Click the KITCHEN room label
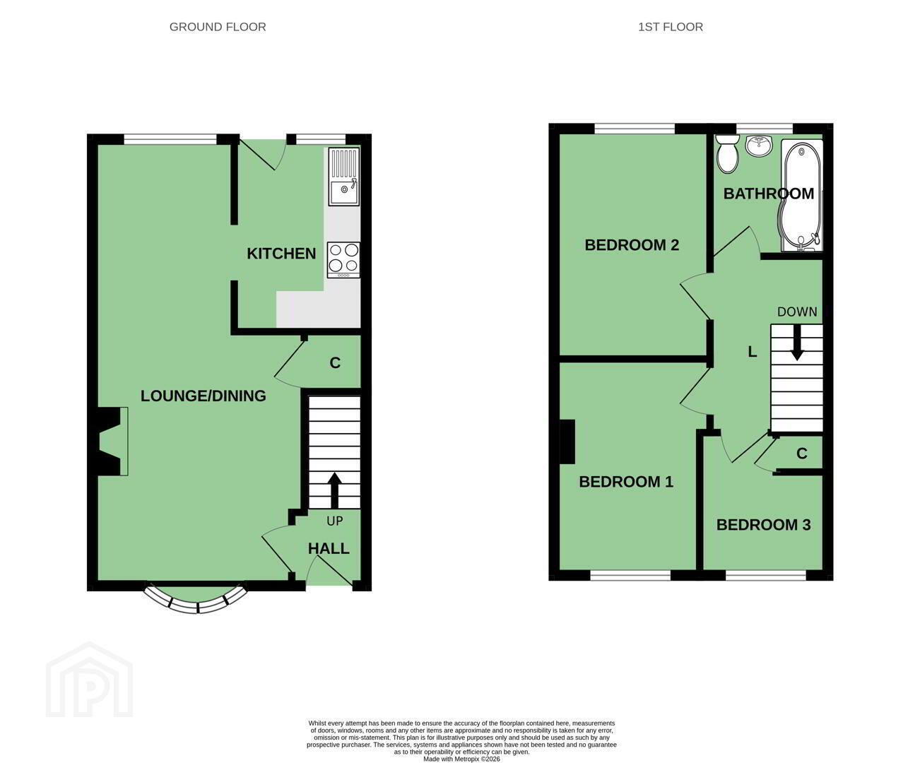(281, 254)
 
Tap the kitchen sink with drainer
(343, 176)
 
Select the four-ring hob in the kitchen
(343, 260)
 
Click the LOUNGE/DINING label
(203, 396)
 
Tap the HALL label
(329, 549)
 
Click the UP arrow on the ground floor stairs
(334, 491)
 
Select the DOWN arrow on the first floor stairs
(796, 343)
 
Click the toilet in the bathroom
(728, 154)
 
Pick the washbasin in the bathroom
(759, 145)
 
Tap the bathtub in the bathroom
(802, 196)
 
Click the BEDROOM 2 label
(632, 245)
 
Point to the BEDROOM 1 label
(626, 482)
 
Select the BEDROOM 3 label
(764, 525)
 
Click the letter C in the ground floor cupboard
(335, 363)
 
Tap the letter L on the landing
(753, 352)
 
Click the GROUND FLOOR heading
(218, 27)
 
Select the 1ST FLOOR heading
(671, 27)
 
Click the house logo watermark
(90, 680)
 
